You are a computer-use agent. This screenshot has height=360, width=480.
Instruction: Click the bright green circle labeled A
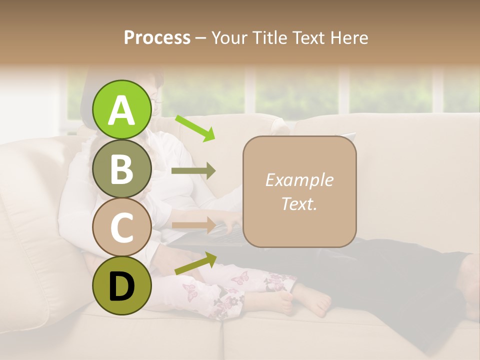(122, 109)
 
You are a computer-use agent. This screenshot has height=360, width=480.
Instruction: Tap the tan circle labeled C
(122, 227)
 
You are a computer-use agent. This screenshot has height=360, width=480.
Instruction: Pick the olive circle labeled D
(122, 285)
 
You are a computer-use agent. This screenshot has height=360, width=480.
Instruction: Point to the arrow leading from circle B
(193, 170)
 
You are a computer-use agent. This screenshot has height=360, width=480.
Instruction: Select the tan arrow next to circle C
(193, 224)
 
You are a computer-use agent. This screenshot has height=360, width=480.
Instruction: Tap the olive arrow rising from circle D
(195, 263)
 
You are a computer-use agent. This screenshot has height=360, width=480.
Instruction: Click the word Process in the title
(157, 38)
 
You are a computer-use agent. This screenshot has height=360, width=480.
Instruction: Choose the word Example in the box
(299, 180)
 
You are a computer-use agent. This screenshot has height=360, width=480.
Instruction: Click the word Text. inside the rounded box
(299, 203)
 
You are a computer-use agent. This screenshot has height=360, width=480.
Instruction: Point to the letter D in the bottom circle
(122, 287)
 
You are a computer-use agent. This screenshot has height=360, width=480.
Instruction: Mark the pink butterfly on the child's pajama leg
(189, 292)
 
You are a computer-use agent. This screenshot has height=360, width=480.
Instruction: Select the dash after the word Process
(200, 38)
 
